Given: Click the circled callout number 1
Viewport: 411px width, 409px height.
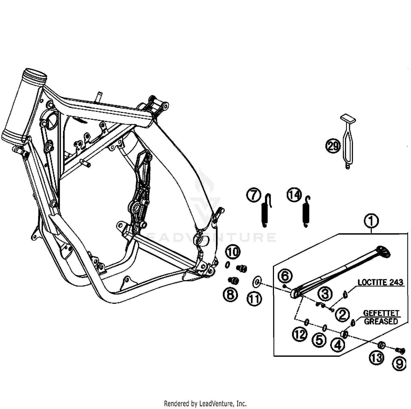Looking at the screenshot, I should (371, 221).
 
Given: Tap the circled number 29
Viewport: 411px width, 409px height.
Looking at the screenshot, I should (333, 146).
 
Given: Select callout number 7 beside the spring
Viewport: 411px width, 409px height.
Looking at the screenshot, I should (254, 195).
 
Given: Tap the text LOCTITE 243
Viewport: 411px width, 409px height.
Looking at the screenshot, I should (380, 282).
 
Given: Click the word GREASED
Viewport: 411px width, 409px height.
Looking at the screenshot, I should (381, 321).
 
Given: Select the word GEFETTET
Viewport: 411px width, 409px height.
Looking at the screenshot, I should (381, 313).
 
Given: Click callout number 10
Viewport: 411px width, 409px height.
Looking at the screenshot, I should (233, 252).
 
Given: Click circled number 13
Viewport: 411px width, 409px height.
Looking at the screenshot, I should (377, 357).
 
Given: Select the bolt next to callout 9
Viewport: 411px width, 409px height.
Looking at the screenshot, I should (400, 350).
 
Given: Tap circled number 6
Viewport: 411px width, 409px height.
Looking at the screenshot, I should (285, 276).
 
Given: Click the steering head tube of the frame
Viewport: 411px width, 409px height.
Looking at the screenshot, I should (24, 104).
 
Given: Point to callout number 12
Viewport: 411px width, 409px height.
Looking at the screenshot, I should (300, 334).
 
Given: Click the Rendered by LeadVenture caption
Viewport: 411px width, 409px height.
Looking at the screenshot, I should (205, 404).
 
